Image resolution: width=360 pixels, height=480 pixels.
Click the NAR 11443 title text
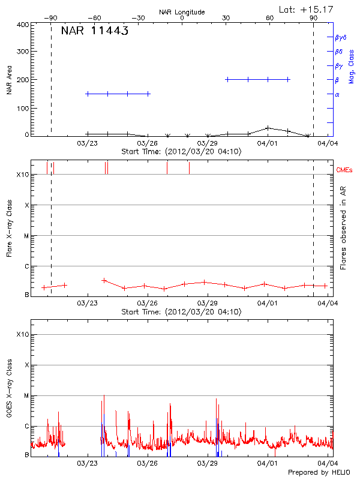pos(94,31)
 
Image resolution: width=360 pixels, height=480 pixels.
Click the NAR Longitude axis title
pos(182,12)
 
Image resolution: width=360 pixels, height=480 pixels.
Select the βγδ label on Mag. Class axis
pos(341,37)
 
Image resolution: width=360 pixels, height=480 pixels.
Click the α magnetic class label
pos(337,94)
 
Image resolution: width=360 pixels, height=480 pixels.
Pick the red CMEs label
pos(346,171)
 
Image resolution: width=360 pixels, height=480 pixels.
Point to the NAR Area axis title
pos(9,80)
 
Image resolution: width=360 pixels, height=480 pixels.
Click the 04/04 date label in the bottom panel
pos(326,463)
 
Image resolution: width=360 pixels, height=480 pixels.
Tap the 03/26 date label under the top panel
pos(148,144)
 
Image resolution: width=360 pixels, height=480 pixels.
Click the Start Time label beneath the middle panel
pos(182,312)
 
